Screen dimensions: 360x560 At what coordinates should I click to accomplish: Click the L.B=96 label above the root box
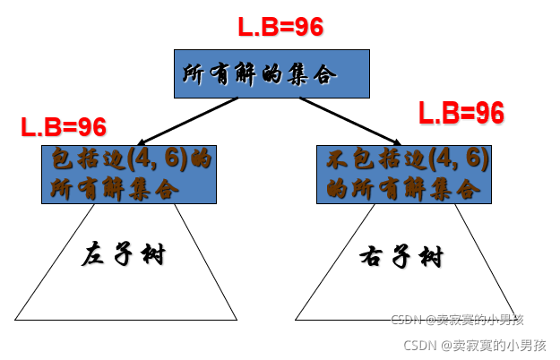280,27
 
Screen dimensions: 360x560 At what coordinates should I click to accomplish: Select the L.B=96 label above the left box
64,127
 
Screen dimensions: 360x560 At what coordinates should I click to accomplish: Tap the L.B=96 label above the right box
461,113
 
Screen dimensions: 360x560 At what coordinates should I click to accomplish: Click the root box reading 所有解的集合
271,73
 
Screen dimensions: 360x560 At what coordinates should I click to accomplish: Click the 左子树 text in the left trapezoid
124,254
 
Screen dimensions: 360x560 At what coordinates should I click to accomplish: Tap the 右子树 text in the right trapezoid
401,258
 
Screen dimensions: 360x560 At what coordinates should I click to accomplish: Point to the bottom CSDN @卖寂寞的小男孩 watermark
475,345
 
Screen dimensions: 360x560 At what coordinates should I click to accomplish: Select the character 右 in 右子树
373,259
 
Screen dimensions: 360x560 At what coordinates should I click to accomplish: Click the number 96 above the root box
308,27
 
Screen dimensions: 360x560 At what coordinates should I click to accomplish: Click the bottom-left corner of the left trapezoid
15,320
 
